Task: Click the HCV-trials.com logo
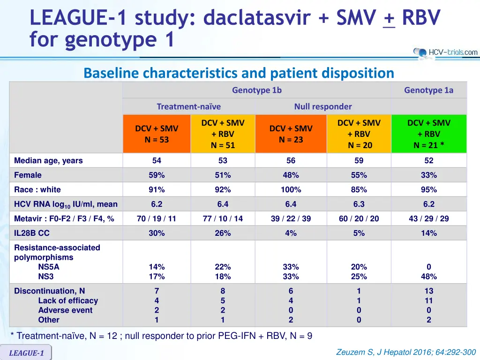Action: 445,52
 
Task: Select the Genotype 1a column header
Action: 428,90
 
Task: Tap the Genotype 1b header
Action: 257,90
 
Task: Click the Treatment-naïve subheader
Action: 188,106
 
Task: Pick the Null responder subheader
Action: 323,106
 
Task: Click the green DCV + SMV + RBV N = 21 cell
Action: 428,134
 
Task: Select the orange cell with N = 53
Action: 157,134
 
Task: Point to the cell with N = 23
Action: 291,134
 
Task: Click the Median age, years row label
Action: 48,160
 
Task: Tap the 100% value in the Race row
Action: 291,190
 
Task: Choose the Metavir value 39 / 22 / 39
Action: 291,218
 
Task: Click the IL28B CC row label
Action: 32,233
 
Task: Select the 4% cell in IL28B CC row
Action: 291,233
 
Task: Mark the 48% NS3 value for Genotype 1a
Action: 428,277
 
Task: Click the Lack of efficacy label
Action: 68,300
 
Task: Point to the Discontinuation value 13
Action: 428,291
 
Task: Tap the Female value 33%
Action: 428,175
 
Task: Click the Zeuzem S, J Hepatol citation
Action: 406,352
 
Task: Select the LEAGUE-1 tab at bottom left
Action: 26,353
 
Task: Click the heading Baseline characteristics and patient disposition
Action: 239,73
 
